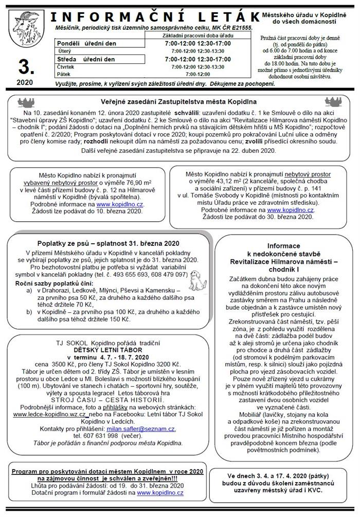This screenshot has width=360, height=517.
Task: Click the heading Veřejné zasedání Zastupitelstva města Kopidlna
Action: coord(179,102)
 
